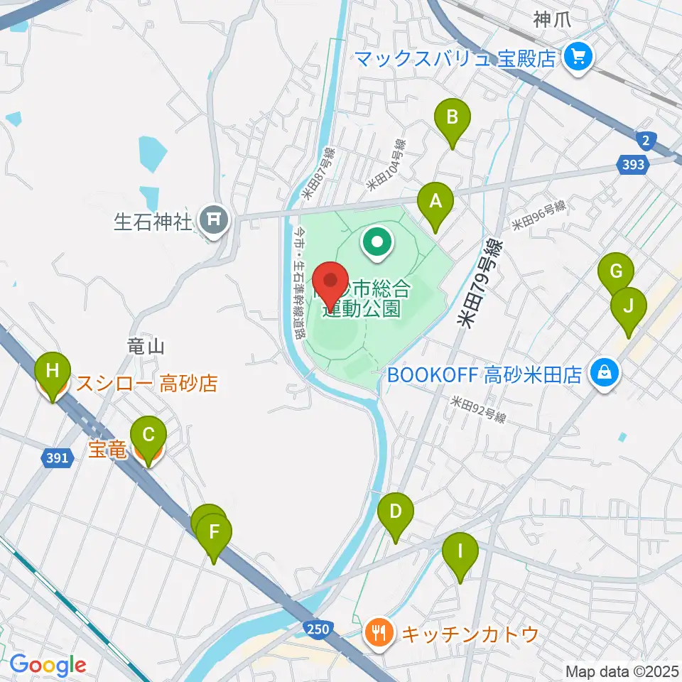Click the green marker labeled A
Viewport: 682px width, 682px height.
(x=435, y=202)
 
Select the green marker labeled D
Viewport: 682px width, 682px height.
(x=396, y=511)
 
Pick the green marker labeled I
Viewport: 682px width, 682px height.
(x=460, y=551)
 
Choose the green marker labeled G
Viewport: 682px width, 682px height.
(x=615, y=271)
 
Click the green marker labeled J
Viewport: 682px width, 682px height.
(x=628, y=307)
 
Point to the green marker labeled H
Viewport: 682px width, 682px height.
(x=53, y=371)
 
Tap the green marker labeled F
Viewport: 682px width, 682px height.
(x=214, y=531)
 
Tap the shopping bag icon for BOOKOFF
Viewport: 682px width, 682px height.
(x=604, y=372)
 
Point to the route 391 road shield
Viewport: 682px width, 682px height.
(x=58, y=458)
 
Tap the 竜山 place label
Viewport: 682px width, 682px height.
(x=146, y=347)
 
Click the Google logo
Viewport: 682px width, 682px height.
(x=48, y=666)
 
